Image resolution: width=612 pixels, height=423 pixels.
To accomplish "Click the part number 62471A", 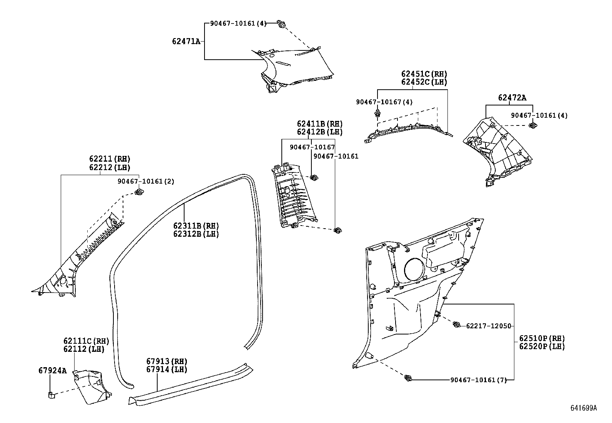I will tap(186, 41).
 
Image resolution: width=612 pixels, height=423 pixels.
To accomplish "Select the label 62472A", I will tap(512, 98).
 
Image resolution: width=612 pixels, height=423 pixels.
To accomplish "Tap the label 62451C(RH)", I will tap(424, 74).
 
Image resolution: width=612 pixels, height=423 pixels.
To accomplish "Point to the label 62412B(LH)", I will tap(319, 132).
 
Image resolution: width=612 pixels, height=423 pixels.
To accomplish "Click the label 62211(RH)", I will tap(110, 159).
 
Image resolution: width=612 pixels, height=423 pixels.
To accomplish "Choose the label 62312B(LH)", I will tap(196, 234).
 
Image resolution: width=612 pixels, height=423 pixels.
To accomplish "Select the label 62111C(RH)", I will tap(86, 341).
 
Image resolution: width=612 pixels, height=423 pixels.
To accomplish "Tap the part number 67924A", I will tap(52, 371).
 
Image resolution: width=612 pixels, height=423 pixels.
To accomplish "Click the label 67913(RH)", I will tap(166, 361).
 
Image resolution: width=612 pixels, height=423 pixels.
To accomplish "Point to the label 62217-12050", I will tap(489, 326).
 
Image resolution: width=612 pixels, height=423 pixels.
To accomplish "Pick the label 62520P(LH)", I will tap(542, 346).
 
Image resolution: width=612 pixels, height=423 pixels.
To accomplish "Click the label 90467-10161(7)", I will tap(478, 380).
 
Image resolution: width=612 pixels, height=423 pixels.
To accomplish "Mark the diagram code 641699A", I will tap(583, 408).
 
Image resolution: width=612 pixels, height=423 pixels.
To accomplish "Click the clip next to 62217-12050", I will tap(457, 325).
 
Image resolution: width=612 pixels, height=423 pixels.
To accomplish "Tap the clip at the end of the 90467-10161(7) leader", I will tap(408, 378).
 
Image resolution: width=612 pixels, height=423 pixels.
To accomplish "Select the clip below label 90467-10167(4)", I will tap(378, 113).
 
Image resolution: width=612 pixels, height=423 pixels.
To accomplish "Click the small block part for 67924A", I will tap(51, 394).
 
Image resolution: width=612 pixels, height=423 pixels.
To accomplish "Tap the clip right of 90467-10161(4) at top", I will tap(282, 25).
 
